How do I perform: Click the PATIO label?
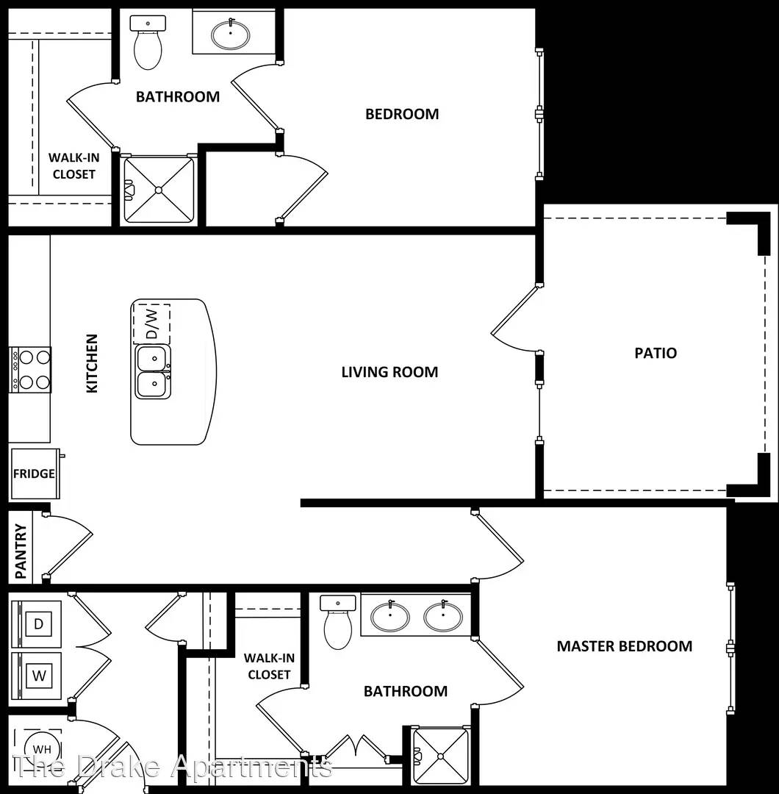656,353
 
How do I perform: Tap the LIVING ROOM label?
389,372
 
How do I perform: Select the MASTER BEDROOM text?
625,646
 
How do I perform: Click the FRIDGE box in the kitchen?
35,474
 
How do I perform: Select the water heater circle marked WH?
41,749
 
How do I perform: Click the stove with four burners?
30,370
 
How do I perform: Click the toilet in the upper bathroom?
148,43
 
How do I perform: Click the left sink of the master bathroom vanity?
390,617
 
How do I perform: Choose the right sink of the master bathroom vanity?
443,617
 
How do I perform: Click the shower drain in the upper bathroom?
159,190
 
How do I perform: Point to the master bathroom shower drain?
440,757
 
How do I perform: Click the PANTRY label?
21,551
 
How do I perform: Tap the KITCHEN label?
92,363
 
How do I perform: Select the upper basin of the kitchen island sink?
153,358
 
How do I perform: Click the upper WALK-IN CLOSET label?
74,165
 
